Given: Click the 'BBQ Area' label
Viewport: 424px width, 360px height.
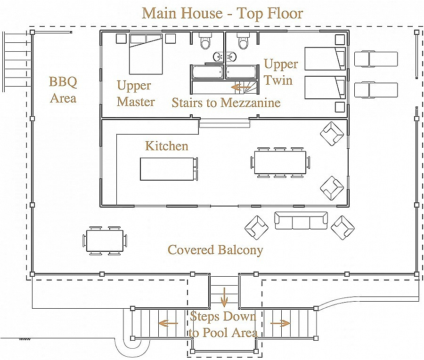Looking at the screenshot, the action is pos(63,90).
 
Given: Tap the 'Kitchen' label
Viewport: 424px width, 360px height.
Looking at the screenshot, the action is pos(167,146).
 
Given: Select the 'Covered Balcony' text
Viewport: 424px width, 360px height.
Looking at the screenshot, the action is pos(215,250).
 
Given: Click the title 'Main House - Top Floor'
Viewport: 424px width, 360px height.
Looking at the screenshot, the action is pos(222,13).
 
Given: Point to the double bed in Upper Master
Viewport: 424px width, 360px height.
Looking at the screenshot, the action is pos(146,54).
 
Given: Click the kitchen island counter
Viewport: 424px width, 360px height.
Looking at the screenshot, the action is pos(167,169).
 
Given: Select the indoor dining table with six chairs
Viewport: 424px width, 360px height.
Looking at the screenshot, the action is pos(280,162).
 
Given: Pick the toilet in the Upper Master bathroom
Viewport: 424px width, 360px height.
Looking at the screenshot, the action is pos(205,41).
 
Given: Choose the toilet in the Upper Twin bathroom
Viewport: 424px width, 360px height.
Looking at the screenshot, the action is pos(243,41).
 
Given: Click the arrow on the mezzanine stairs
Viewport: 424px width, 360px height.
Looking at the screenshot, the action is pos(240,87).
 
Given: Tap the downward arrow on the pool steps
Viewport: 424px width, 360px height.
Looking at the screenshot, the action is pos(224,297).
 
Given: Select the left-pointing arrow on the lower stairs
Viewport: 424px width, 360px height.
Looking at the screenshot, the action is pos(168,323).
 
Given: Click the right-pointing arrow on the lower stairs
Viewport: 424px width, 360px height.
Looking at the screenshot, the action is pos(280,323).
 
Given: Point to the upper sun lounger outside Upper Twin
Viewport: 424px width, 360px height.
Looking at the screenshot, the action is pos(376,59).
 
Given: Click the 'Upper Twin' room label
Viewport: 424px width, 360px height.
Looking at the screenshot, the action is pos(281,72).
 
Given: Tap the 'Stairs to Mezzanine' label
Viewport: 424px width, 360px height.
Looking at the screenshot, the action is pos(226,103).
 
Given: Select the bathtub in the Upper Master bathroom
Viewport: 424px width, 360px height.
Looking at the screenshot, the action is pos(208,72).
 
